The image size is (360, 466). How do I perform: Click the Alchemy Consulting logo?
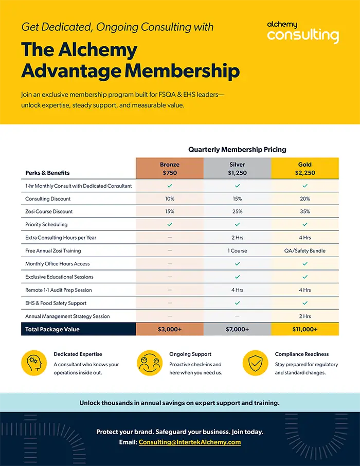pos(303,32)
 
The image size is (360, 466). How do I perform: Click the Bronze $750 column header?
pos(170,169)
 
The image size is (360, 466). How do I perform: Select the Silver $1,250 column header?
pos(237,169)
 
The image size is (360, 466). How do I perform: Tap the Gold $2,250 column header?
pos(305,169)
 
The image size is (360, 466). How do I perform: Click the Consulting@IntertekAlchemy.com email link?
pos(190,442)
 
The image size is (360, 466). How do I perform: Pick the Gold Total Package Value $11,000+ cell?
pos(305,329)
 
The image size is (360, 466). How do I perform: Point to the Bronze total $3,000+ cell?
pos(170,329)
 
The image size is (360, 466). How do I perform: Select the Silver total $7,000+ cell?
pos(237,329)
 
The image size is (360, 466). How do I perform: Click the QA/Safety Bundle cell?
pos(305,250)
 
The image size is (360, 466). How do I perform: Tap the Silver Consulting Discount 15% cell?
pos(237,199)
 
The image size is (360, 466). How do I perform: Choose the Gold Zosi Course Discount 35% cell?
pos(305,211)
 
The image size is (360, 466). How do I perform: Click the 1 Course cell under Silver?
pos(237,250)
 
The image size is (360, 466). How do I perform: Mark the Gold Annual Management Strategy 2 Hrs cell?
pos(305,316)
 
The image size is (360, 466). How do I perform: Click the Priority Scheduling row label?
pos(46,225)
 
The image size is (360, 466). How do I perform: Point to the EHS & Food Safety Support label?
pos(56,303)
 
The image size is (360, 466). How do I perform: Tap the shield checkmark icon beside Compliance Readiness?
pos(256,363)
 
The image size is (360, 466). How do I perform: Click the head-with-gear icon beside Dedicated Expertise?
pos(34,363)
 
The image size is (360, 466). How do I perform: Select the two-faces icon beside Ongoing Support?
pos(150,363)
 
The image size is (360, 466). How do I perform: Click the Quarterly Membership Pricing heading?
pos(237,149)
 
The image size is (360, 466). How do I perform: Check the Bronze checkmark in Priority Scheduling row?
pos(170,225)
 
